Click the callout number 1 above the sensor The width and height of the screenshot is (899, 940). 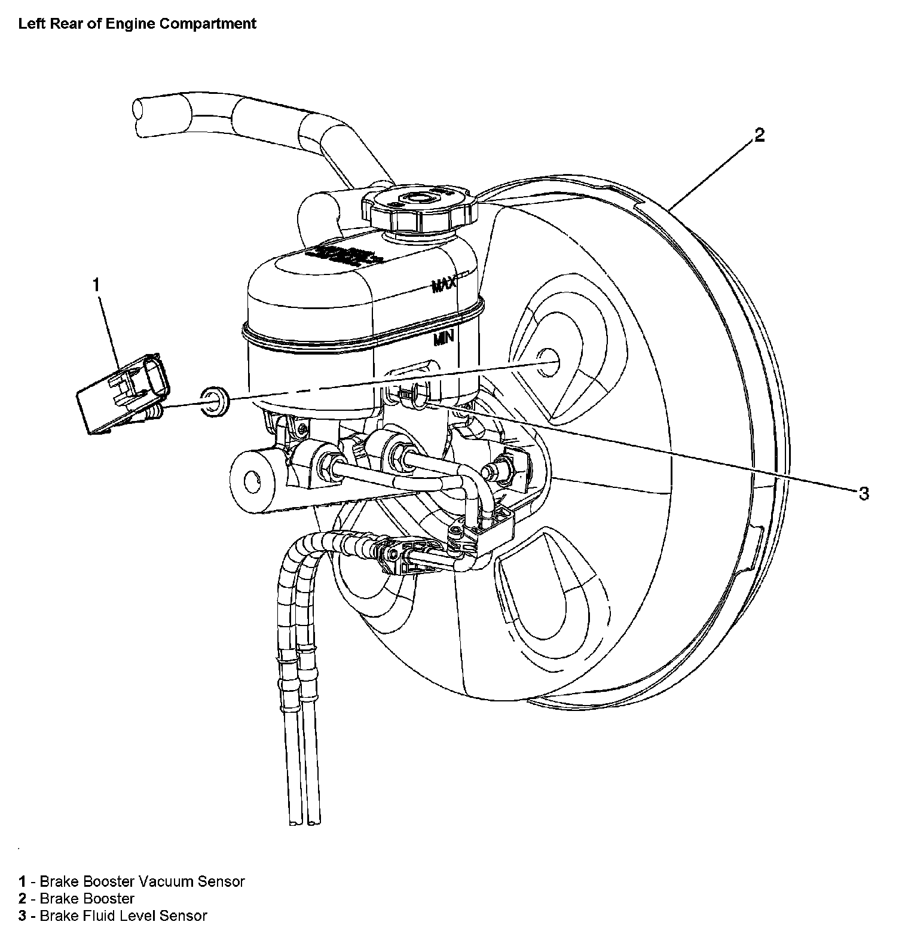coord(96,285)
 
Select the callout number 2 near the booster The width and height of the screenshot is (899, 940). coord(759,136)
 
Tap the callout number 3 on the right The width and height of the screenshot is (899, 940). coord(863,493)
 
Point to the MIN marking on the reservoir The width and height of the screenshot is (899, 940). coord(444,338)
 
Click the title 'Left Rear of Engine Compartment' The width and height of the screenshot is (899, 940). coord(137,24)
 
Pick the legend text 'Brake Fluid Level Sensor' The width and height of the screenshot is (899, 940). coord(123,915)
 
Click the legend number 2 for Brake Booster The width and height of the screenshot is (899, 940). coord(22,898)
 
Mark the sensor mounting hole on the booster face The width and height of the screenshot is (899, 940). coord(549,362)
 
